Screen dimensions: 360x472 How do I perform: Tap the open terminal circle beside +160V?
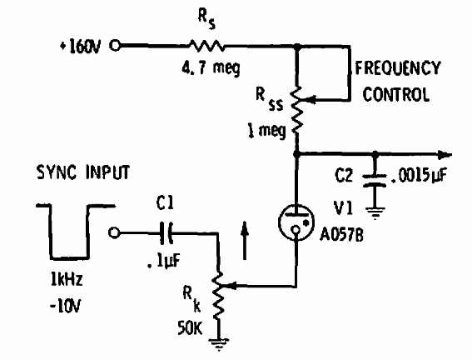(115, 46)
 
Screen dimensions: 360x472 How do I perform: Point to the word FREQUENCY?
(399, 67)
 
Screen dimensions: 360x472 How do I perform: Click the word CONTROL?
(397, 93)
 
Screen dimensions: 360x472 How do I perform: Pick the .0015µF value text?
(424, 177)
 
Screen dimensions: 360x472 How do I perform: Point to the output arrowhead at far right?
(449, 154)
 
